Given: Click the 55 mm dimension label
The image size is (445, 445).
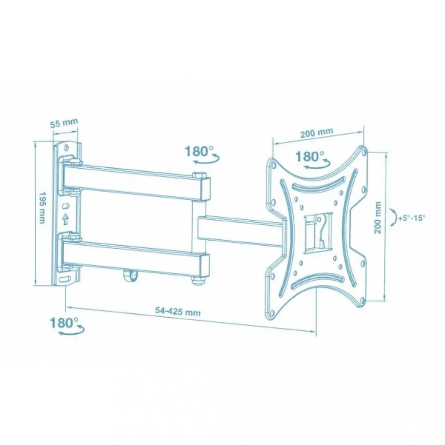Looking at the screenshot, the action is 64,123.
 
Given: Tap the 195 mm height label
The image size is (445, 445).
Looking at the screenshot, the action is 42,207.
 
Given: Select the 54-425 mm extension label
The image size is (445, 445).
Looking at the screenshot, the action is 178,311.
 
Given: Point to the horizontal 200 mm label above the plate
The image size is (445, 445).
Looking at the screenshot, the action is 317,133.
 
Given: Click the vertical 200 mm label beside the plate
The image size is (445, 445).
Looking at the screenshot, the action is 377,218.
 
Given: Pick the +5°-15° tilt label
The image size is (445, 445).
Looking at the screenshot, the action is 412,218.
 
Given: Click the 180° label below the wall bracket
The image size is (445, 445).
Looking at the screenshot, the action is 64,323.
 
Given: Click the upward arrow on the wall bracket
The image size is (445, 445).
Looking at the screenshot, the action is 65,219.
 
